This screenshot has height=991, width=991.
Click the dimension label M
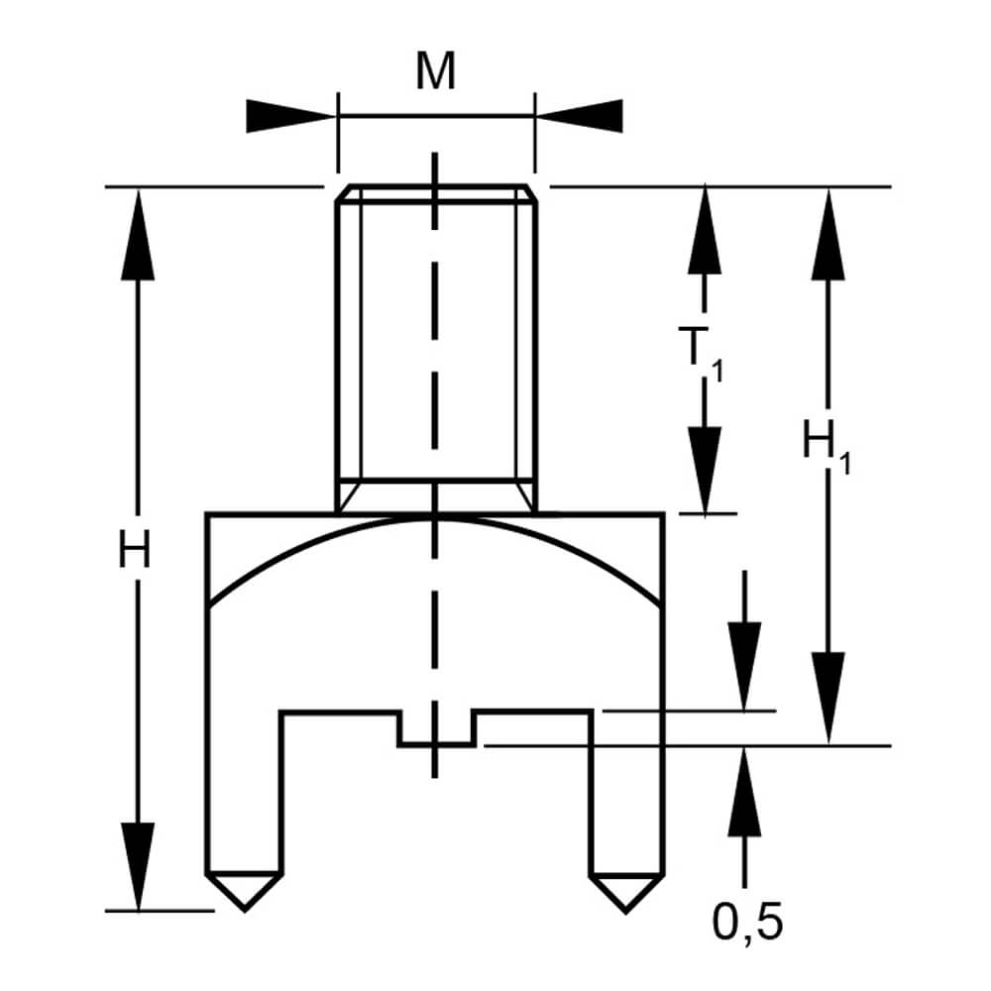click(436, 73)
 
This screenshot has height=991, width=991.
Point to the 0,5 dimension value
click(748, 923)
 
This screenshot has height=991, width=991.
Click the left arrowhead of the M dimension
click(288, 115)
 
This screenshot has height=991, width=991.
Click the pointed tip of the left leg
click(244, 906)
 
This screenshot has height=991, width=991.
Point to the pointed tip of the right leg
click(625, 906)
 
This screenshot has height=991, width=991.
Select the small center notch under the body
click(436, 730)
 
